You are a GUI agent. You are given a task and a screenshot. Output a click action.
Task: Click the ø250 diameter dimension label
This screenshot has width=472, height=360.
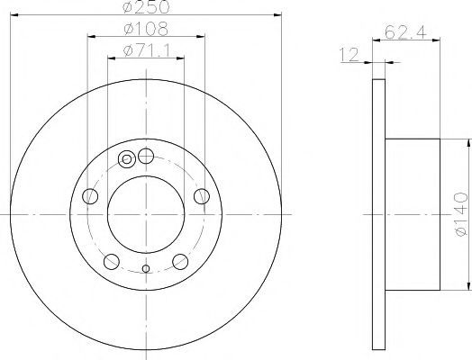146,7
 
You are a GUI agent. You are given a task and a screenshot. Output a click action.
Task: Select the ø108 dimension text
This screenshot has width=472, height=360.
146,29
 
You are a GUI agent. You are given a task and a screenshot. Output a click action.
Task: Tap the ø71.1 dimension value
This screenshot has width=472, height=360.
147,50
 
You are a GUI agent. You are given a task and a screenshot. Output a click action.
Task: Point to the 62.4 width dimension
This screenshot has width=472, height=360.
405,32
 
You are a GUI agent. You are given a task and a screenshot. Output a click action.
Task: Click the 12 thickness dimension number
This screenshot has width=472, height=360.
349,55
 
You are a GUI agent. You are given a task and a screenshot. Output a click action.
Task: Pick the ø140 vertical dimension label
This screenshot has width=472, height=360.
461,214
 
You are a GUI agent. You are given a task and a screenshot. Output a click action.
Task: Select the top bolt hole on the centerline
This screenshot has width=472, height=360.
146,156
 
